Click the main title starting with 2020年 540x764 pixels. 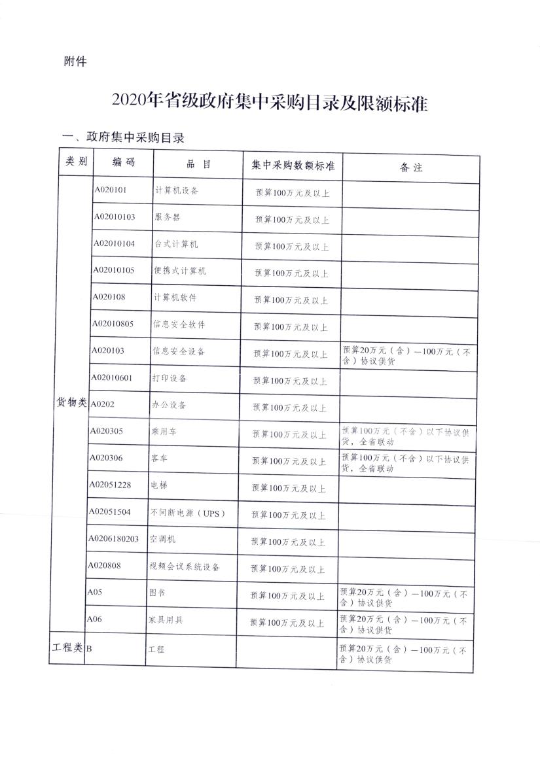pos(269,102)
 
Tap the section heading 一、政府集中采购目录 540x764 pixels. pos(122,137)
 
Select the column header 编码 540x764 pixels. pos(123,163)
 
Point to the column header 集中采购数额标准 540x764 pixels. pos(293,165)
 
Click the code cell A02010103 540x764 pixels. pos(114,217)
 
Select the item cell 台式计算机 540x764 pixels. pos(176,244)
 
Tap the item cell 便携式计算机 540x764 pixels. pos(180,271)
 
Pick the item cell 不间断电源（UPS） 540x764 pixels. pos(187,513)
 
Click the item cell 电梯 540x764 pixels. pos(159,486)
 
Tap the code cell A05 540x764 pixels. pos(96,593)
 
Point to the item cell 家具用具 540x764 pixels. pos(166,620)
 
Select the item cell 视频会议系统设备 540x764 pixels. pos(185,566)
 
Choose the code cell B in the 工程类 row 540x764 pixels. pos(89,649)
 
